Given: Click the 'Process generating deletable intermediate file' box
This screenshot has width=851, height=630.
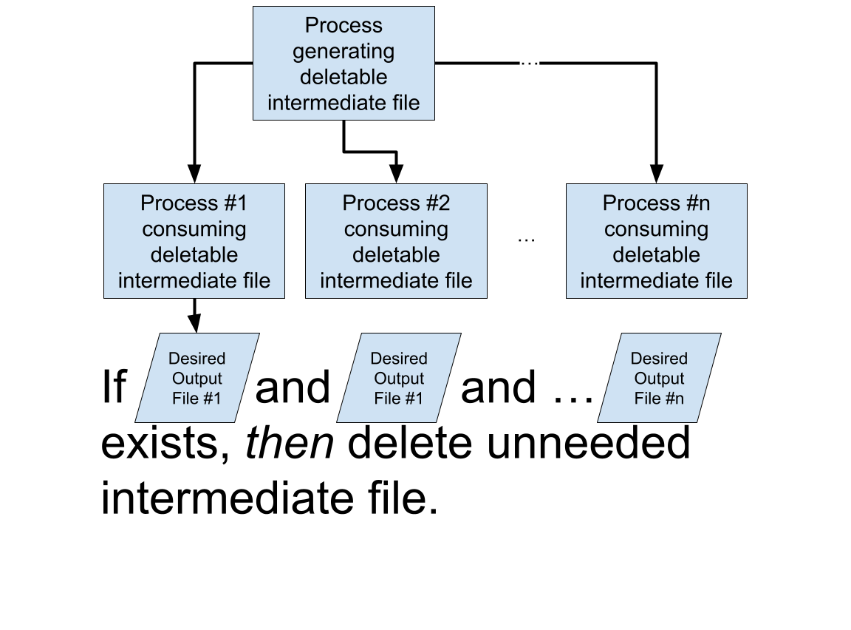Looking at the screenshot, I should coord(344,64).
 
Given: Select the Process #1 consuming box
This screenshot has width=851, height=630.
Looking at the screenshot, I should coord(194,241).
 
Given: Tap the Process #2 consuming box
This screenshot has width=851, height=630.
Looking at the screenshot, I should coord(396,241).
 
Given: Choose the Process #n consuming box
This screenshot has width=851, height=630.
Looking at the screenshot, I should coord(656,241).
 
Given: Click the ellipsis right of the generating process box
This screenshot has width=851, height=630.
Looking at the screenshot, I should coord(530,58).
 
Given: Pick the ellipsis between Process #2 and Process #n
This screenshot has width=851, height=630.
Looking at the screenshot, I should coord(526,234).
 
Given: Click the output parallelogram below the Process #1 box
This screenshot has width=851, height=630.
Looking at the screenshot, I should coord(196,378).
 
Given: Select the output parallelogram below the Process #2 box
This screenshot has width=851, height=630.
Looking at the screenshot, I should coord(398,378).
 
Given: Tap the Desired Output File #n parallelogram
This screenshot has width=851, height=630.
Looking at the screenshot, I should coord(659,378).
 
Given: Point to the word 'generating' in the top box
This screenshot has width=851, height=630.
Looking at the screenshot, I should coord(344,52).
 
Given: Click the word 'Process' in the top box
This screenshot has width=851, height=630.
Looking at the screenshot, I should coord(344,26).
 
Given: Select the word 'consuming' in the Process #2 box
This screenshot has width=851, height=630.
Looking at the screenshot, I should coord(396,229).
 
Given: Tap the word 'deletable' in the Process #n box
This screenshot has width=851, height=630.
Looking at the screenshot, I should coord(656,255).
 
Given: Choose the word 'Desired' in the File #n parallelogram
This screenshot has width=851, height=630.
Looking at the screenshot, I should coord(659,359).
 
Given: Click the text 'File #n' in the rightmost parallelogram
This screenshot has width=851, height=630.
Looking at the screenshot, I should coord(659,399).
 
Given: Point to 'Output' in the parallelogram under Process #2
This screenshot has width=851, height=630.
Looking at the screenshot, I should coord(398,379).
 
